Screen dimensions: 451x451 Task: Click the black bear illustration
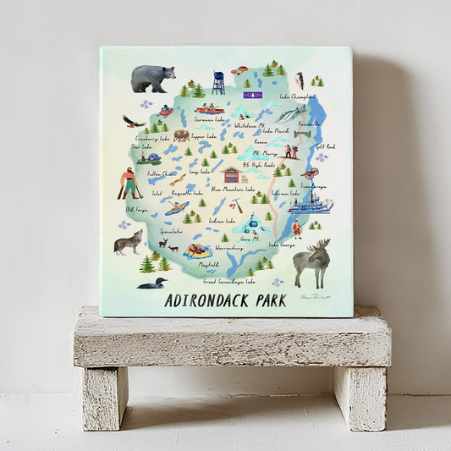152,78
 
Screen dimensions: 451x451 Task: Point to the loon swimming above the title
151,282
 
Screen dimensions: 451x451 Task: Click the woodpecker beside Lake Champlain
299,80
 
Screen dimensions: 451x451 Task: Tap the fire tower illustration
219,83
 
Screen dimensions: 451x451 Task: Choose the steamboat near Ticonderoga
311,203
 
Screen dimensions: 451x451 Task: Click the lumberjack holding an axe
127,184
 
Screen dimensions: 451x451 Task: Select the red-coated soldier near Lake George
297,228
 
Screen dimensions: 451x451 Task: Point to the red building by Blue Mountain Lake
230,175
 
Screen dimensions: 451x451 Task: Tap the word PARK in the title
270,300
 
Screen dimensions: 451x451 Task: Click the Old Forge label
136,209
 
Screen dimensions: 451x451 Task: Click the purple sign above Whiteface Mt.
253,95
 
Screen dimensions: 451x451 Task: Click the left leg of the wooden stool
105,398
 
